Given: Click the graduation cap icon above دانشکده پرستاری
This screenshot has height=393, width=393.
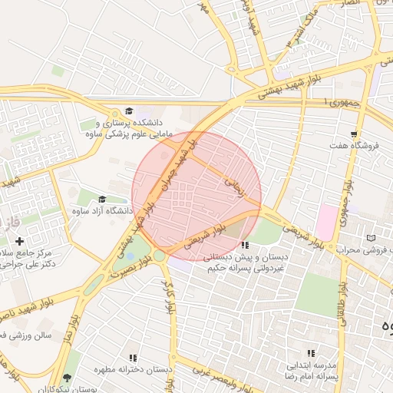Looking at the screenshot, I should [129, 111].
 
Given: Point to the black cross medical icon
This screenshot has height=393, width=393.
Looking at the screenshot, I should [19, 242].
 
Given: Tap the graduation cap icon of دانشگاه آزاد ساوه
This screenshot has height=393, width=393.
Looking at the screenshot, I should [102, 200].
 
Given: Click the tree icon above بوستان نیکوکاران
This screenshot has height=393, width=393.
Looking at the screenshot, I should [68, 378].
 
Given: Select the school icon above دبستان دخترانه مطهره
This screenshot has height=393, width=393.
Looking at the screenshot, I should [133, 358].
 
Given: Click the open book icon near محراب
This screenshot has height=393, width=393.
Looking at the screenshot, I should [372, 239].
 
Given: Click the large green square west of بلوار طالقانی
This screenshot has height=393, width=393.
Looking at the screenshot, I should [317, 295].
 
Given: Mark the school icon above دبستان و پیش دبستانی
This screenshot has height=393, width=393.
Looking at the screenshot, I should [245, 245].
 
